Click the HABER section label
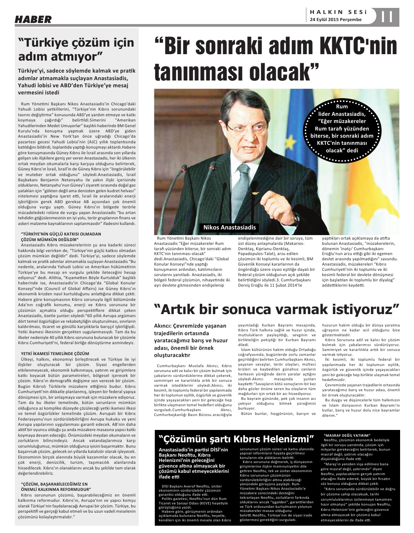[x=33, y=19]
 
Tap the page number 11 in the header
[x=387, y=17]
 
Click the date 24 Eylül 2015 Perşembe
[x=335, y=20]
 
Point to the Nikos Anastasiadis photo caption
[x=229, y=227]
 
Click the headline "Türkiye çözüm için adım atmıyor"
[x=76, y=49]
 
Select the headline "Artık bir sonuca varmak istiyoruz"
[x=277, y=309]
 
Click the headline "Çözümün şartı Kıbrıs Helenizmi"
[x=236, y=439]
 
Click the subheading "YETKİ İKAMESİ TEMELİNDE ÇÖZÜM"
[x=55, y=354]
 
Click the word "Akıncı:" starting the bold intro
[x=164, y=326]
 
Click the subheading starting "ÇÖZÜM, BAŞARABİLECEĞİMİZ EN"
[x=55, y=484]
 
